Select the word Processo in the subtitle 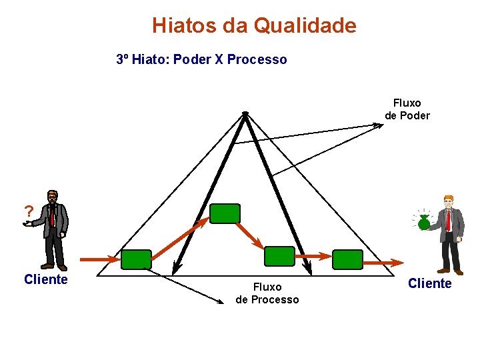point(257,59)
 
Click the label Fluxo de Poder point(407,109)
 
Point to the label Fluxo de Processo point(267,293)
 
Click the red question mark point(29,211)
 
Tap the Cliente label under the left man point(45,279)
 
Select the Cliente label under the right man point(429,284)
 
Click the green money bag point(424,223)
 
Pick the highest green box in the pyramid point(225,213)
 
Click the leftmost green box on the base point(136,259)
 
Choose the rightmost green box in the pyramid point(347,259)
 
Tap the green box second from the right point(279,256)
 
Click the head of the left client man point(52,197)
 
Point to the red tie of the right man point(449,220)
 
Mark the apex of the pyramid point(245,113)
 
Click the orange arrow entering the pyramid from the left point(100,259)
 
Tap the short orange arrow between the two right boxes point(313,255)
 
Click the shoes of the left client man point(53,267)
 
